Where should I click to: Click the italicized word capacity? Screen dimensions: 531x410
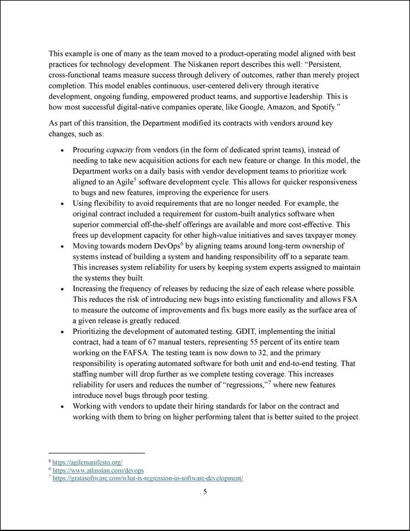pos(119,150)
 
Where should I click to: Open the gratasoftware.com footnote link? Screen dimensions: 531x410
pos(148,478)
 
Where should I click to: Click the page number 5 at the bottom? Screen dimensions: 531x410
pos(205,491)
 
